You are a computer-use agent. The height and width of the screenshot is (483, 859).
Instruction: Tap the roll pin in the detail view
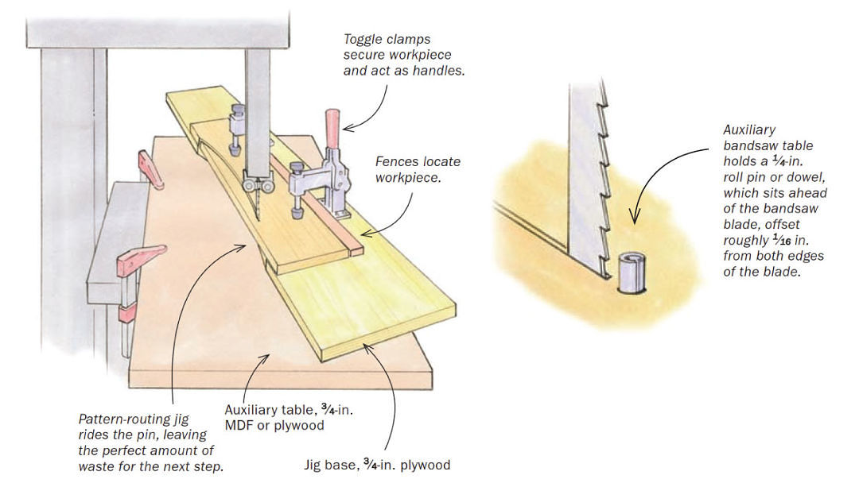click(x=630, y=270)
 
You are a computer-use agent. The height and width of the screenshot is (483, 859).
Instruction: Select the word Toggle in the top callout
click(x=363, y=39)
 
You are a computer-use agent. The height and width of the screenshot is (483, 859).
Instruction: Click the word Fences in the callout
click(x=397, y=161)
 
